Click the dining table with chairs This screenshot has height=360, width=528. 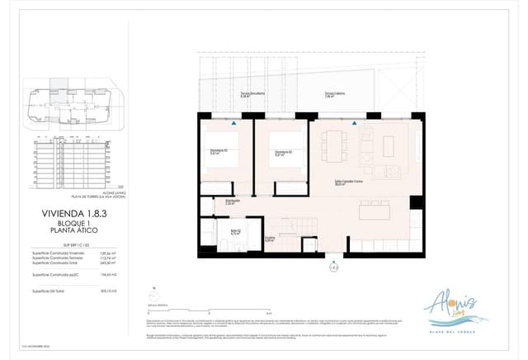(335, 145)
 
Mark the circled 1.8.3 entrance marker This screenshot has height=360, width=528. (333, 266)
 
